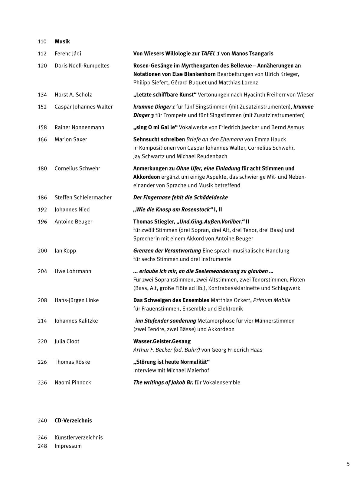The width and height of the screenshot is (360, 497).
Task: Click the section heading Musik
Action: pos(62,41)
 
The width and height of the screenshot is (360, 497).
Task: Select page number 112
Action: pos(42,54)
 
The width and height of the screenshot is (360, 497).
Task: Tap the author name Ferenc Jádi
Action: pos(68,54)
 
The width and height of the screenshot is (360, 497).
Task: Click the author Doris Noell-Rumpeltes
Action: pos(82,66)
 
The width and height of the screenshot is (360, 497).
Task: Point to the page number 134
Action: pos(42,95)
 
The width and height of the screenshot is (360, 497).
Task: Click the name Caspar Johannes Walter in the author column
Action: pos(83,107)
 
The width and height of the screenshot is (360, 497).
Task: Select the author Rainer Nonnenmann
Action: pos(79,127)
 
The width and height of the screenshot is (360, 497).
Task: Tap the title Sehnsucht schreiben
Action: pos(159,139)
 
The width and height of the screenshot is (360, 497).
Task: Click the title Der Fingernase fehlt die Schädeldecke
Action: pos(181,197)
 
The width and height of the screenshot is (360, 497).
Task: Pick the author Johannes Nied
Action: pos(72,210)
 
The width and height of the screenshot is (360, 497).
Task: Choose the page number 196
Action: pos(42,222)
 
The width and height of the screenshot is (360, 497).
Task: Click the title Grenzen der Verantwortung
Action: pos(167,251)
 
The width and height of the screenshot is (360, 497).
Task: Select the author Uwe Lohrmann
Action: pos(73,271)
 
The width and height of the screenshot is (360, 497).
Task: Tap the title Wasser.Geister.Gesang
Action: pos(162,341)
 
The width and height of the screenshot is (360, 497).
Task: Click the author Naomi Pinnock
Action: pos(73,382)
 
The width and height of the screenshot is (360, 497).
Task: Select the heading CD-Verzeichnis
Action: pos(73,421)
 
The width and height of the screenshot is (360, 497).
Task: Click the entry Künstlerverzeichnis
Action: pos(79,437)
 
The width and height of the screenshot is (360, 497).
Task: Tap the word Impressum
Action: pos(68,446)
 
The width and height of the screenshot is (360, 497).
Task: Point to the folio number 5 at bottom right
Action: pos(348,464)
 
